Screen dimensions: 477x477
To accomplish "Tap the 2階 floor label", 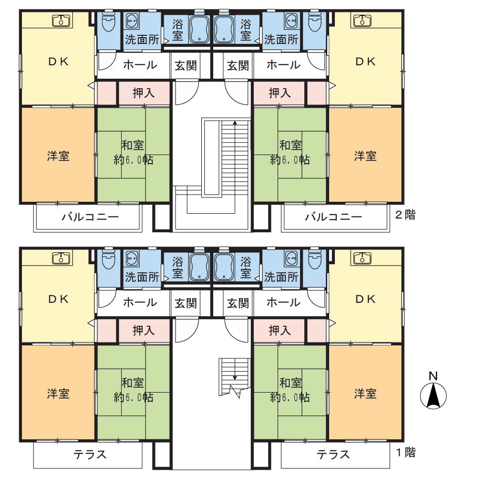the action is point(405,215).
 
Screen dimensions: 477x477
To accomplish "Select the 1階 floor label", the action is point(405,452).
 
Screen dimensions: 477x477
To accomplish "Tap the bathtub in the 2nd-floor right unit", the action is point(224,30).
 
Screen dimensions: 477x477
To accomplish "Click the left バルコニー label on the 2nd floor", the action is point(90,217).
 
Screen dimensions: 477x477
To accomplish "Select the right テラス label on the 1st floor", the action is point(333,455).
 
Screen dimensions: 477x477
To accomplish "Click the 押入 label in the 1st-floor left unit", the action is point(144,331).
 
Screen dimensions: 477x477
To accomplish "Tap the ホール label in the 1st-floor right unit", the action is point(283,302).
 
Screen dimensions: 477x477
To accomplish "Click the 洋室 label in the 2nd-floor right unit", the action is point(365,156).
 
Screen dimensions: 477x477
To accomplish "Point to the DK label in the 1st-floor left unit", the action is point(58,300).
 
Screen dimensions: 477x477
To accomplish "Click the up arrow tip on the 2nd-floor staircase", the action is point(235,121).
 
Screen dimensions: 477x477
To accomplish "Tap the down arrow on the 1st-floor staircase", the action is point(235,369).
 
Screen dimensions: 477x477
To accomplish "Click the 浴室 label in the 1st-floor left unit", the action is point(177,268).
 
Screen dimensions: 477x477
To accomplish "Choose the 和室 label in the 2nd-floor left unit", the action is point(133,145).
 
